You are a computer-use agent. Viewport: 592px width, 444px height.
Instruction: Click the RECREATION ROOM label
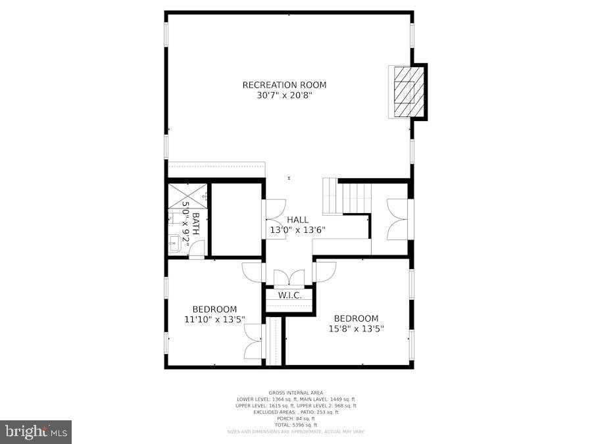point(284,85)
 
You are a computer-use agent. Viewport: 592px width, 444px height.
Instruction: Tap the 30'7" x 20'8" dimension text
point(284,95)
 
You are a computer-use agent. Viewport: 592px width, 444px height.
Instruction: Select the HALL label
point(297,220)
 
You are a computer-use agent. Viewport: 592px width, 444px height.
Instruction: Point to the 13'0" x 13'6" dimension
point(297,230)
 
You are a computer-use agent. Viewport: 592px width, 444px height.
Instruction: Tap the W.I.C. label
point(289,295)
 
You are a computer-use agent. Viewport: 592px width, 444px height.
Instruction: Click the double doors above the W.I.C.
point(289,277)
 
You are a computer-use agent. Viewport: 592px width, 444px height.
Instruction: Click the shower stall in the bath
point(187,195)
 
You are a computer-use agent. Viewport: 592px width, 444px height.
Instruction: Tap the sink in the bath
point(173,245)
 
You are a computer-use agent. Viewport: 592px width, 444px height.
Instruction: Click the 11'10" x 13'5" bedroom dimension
point(214,320)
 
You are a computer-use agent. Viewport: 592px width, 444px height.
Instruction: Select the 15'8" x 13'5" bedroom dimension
point(356,329)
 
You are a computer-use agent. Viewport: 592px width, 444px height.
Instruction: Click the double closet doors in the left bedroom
point(255,342)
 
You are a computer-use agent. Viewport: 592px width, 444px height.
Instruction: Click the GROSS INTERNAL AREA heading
point(296,393)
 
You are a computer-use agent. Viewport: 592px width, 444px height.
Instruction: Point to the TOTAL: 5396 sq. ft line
point(296,424)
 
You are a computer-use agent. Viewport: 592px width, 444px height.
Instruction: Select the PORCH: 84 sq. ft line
point(296,418)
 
